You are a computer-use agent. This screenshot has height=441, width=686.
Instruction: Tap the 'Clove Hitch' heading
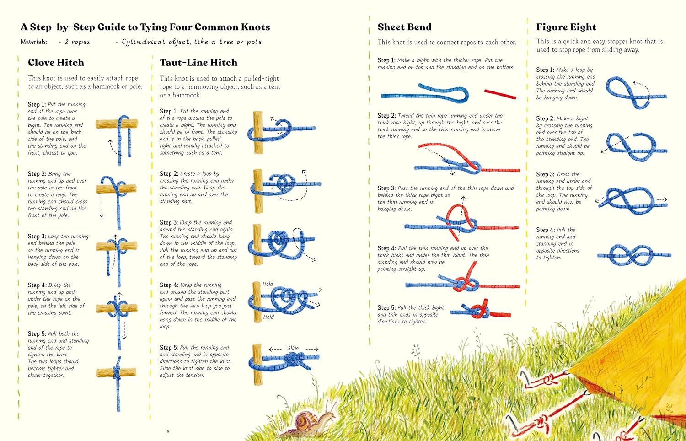click(56, 63)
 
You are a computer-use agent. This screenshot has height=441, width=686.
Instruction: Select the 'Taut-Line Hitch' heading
click(198, 63)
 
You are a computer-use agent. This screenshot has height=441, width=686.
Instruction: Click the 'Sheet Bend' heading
click(404, 27)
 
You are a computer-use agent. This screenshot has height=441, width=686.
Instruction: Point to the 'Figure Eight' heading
click(566, 27)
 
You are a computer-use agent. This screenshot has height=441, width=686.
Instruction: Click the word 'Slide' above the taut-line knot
click(293, 348)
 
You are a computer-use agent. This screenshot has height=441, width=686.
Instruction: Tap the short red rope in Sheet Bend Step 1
click(500, 94)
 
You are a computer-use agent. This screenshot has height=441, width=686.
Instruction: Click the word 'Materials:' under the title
click(34, 42)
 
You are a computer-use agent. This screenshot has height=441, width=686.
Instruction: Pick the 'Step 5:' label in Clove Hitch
click(37, 334)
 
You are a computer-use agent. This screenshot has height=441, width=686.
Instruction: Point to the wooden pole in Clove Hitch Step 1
click(117, 124)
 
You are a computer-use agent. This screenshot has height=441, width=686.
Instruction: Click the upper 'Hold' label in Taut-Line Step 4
click(268, 284)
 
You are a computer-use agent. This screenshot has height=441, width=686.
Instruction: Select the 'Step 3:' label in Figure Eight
click(545, 174)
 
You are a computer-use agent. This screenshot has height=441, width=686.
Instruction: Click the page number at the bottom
click(168, 431)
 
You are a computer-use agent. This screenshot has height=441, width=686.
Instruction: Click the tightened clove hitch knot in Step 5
click(117, 371)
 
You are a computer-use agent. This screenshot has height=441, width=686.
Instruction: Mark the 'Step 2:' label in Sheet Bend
click(386, 116)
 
